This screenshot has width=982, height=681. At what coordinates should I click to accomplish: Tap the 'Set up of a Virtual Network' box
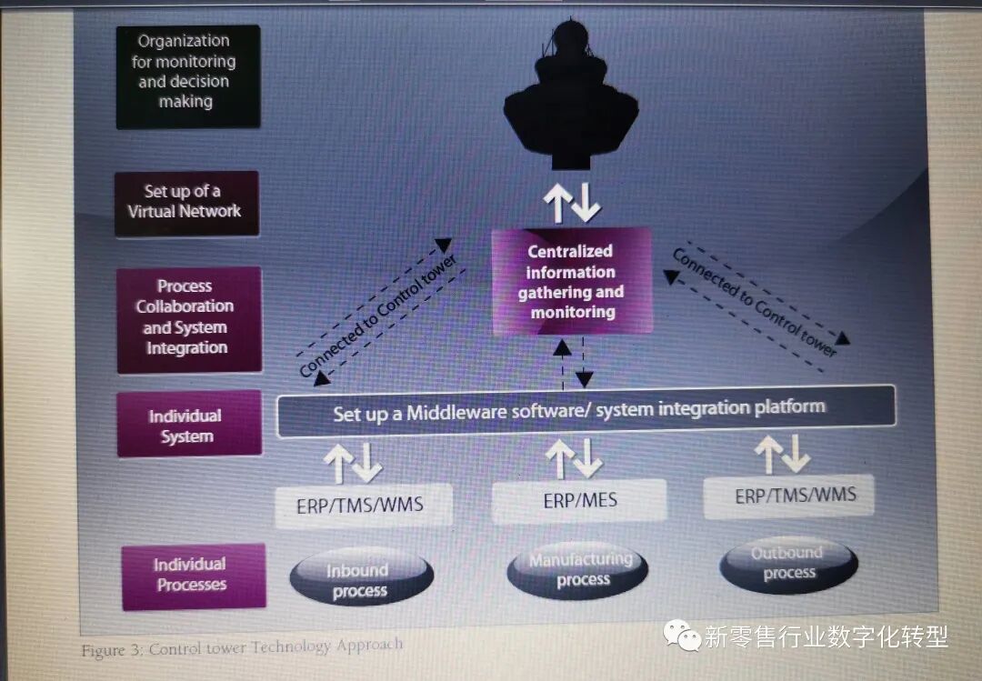click(x=186, y=202)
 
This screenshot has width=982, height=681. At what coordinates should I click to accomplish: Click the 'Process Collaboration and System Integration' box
click(x=188, y=317)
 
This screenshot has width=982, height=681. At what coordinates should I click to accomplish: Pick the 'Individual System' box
click(x=188, y=426)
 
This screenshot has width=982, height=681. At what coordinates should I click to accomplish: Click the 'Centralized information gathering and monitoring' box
click(x=572, y=281)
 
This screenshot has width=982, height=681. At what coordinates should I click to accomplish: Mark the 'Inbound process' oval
click(x=361, y=580)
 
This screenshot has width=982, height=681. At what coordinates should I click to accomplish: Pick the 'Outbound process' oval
click(x=788, y=563)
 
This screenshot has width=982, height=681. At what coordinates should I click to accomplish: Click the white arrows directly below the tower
click(x=572, y=201)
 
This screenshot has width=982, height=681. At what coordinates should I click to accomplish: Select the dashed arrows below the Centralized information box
click(x=574, y=362)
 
